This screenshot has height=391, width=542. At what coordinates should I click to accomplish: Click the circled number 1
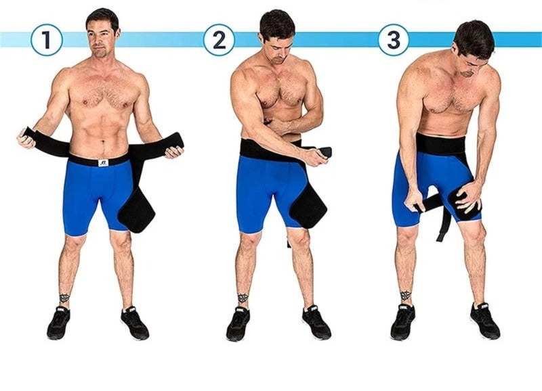[x=46, y=40]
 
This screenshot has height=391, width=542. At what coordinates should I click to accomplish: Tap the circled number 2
[x=219, y=40]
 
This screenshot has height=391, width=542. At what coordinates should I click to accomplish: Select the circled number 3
[x=394, y=40]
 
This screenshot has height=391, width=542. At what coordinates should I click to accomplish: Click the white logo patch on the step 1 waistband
[x=103, y=162]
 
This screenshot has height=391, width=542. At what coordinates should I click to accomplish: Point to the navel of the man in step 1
[x=102, y=143]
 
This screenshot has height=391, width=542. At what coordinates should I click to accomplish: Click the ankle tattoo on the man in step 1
[x=64, y=298]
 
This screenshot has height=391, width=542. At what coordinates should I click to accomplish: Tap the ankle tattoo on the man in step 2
[x=243, y=298]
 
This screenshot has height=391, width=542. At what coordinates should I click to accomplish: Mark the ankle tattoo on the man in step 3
[x=405, y=296]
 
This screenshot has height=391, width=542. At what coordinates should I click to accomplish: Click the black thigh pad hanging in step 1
[x=137, y=214]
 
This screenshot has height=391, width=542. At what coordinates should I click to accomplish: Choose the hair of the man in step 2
[x=276, y=24]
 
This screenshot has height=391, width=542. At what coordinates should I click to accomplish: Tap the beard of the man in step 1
[x=100, y=53]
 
